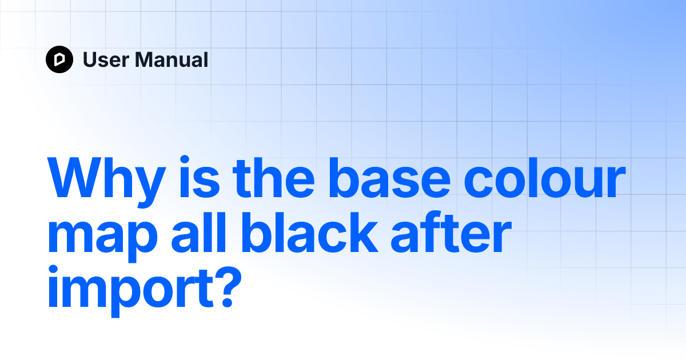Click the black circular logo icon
tap(59, 59)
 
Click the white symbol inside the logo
tap(59, 59)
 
